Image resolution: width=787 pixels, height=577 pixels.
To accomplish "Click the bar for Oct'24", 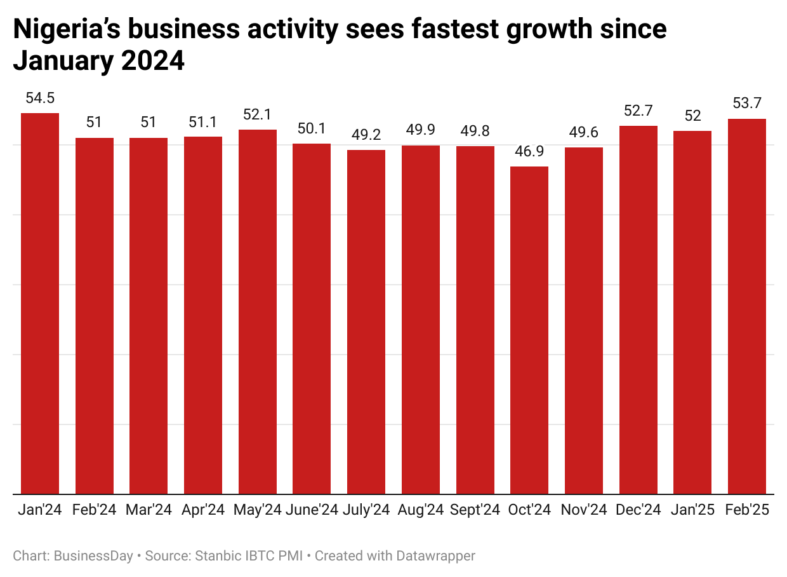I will point(529,330).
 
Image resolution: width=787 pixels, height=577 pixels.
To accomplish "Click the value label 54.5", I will point(40,98).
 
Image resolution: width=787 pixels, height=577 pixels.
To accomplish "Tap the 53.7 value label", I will point(746,103).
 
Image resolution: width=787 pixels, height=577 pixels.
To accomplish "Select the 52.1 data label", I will point(258,114).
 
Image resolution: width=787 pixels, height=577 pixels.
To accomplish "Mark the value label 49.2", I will point(366,135).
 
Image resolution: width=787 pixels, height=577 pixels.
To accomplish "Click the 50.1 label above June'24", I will point(312,128).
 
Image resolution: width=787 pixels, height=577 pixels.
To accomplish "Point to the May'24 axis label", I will point(258,510).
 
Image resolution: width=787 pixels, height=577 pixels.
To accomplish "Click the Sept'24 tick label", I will point(475,510).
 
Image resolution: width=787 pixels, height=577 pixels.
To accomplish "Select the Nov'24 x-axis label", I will point(584,510).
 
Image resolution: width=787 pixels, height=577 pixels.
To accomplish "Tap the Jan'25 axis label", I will point(692,510).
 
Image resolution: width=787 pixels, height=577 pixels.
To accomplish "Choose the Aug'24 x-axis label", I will point(420,510).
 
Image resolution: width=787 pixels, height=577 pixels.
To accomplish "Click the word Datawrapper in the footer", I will point(435,556).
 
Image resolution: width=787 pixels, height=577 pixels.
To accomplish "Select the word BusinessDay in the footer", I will point(93,556).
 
